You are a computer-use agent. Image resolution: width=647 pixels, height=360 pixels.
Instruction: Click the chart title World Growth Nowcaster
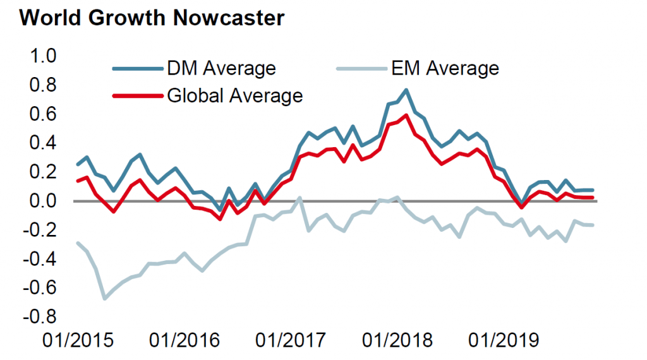(152, 18)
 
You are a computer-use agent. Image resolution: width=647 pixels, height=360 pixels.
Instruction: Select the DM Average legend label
(221, 68)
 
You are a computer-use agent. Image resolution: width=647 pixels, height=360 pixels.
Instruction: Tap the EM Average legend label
(444, 68)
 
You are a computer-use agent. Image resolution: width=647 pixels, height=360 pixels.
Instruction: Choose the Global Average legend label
(234, 96)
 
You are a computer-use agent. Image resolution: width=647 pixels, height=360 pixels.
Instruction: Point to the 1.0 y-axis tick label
(44, 56)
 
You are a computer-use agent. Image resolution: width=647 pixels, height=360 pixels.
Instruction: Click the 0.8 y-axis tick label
(44, 85)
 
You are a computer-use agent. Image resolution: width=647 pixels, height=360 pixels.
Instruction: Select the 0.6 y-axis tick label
(44, 114)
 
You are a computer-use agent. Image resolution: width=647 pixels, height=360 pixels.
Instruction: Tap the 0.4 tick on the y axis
(44, 143)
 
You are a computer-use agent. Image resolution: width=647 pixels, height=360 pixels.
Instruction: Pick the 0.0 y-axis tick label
(44, 201)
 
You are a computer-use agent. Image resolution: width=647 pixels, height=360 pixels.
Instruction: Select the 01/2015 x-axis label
(78, 341)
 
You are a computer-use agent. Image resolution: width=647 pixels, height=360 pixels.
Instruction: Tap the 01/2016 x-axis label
(184, 341)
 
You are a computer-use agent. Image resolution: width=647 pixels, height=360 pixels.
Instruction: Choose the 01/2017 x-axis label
(291, 341)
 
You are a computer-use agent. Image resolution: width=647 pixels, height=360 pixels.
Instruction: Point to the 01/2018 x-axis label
(397, 341)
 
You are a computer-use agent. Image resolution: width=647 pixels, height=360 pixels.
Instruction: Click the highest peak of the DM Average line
(406, 90)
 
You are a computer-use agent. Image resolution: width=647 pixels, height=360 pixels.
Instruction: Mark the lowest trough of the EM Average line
(104, 298)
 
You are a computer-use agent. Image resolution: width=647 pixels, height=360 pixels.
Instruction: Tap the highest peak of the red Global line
(406, 115)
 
